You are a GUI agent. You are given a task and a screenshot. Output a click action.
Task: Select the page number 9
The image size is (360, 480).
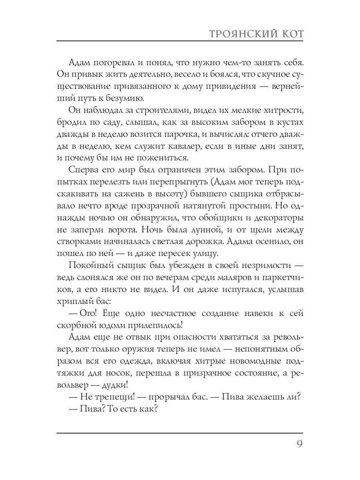(299, 445)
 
